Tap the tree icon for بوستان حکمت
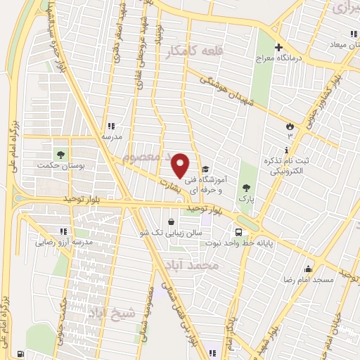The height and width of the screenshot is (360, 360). (x=61, y=154)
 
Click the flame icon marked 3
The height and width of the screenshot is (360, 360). (x=288, y=126)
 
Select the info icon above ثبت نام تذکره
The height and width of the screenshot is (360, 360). (x=285, y=150)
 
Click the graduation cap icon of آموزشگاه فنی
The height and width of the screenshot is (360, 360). (x=205, y=169)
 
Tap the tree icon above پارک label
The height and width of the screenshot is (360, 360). (x=245, y=187)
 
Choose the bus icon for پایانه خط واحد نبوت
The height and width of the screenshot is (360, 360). (x=238, y=231)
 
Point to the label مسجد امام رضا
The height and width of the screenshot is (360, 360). (x=328, y=280)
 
